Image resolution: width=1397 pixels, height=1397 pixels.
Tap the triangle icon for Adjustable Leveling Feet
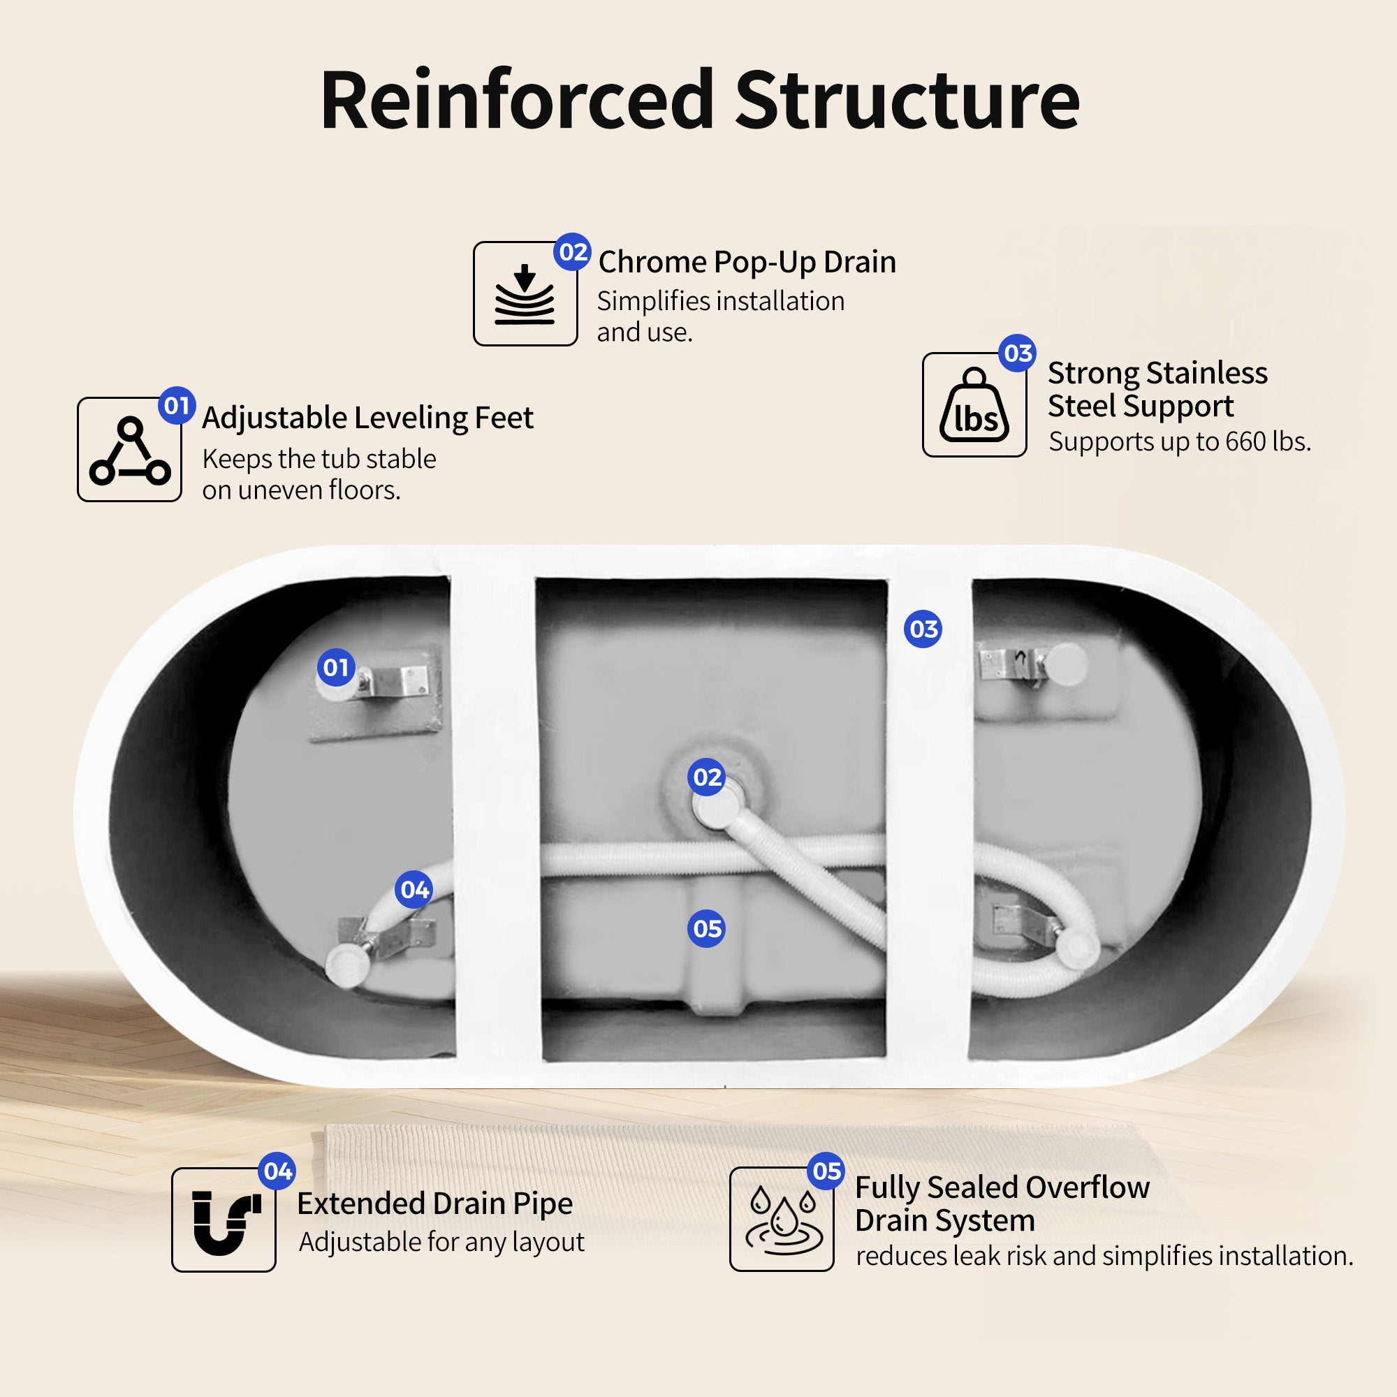point(129,450)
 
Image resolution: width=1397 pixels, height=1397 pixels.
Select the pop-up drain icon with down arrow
point(525,294)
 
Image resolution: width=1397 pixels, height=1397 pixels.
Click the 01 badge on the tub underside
point(335,667)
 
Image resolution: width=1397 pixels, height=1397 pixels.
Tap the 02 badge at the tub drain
point(706,777)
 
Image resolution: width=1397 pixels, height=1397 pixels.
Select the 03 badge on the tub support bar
point(923,629)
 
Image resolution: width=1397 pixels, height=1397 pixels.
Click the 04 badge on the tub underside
point(414,889)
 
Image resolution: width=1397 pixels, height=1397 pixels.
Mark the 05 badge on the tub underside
point(706,928)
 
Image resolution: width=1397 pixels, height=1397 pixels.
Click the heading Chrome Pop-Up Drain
point(747,262)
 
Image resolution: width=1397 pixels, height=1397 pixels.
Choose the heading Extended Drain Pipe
point(434,1204)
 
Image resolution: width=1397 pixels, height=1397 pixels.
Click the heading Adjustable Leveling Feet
point(367,418)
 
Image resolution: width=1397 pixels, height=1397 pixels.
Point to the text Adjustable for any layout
point(441,1242)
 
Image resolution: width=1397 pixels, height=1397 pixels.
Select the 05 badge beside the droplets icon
point(826,1171)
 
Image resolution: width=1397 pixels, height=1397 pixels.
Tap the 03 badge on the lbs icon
point(1018,353)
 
